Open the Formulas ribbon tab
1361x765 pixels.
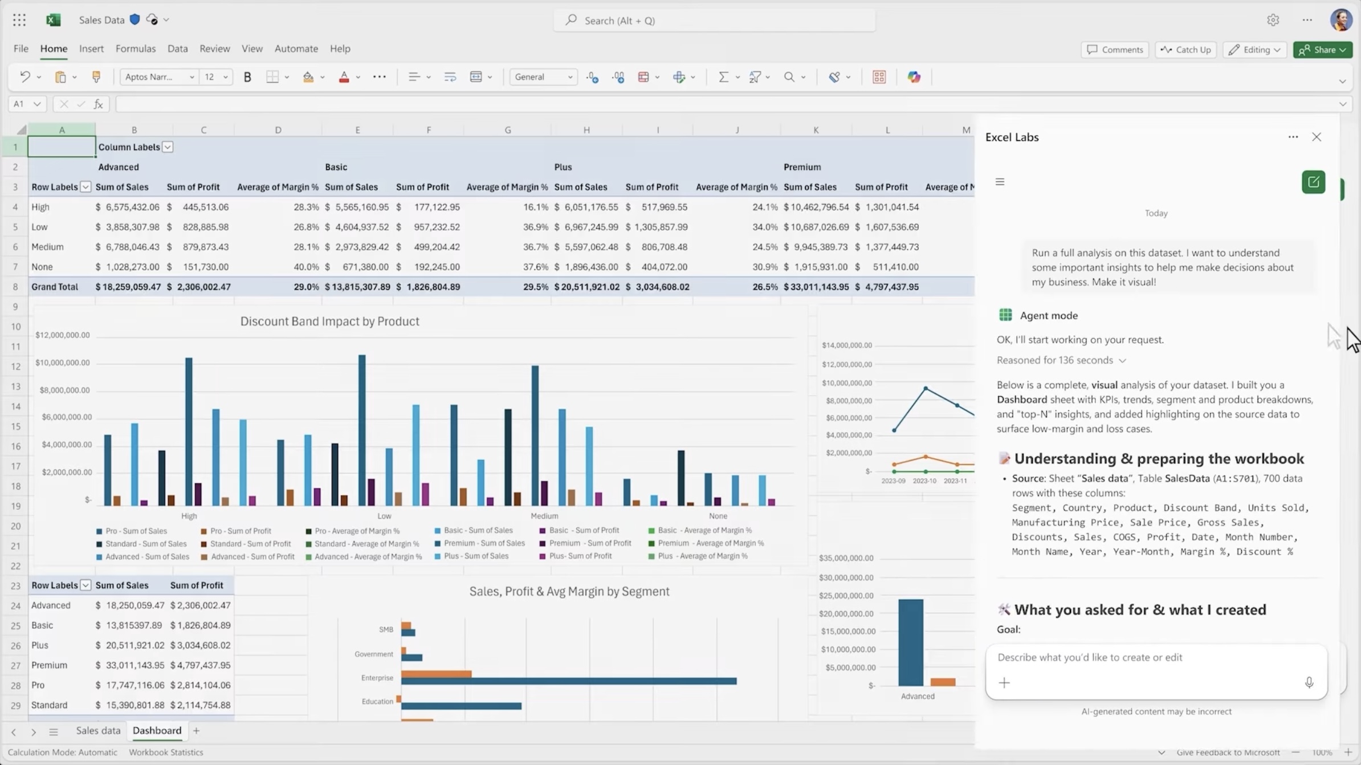(136, 48)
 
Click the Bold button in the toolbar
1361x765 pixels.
(247, 77)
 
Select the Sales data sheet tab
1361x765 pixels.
(98, 730)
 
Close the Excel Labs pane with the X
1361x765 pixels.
(1316, 137)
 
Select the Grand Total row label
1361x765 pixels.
(55, 287)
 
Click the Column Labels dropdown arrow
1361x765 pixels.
(168, 147)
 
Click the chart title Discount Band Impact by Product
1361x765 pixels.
(329, 321)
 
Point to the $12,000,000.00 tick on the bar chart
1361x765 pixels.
(63, 335)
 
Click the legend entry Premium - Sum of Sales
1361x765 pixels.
(484, 543)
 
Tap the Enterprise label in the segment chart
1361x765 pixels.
(377, 678)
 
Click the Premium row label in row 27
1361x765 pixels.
(49, 665)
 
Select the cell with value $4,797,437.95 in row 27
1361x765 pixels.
(200, 665)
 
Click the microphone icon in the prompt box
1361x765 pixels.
(1309, 682)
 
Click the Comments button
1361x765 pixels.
(1115, 50)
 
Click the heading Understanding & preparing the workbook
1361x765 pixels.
(1159, 458)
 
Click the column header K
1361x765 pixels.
(816, 130)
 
